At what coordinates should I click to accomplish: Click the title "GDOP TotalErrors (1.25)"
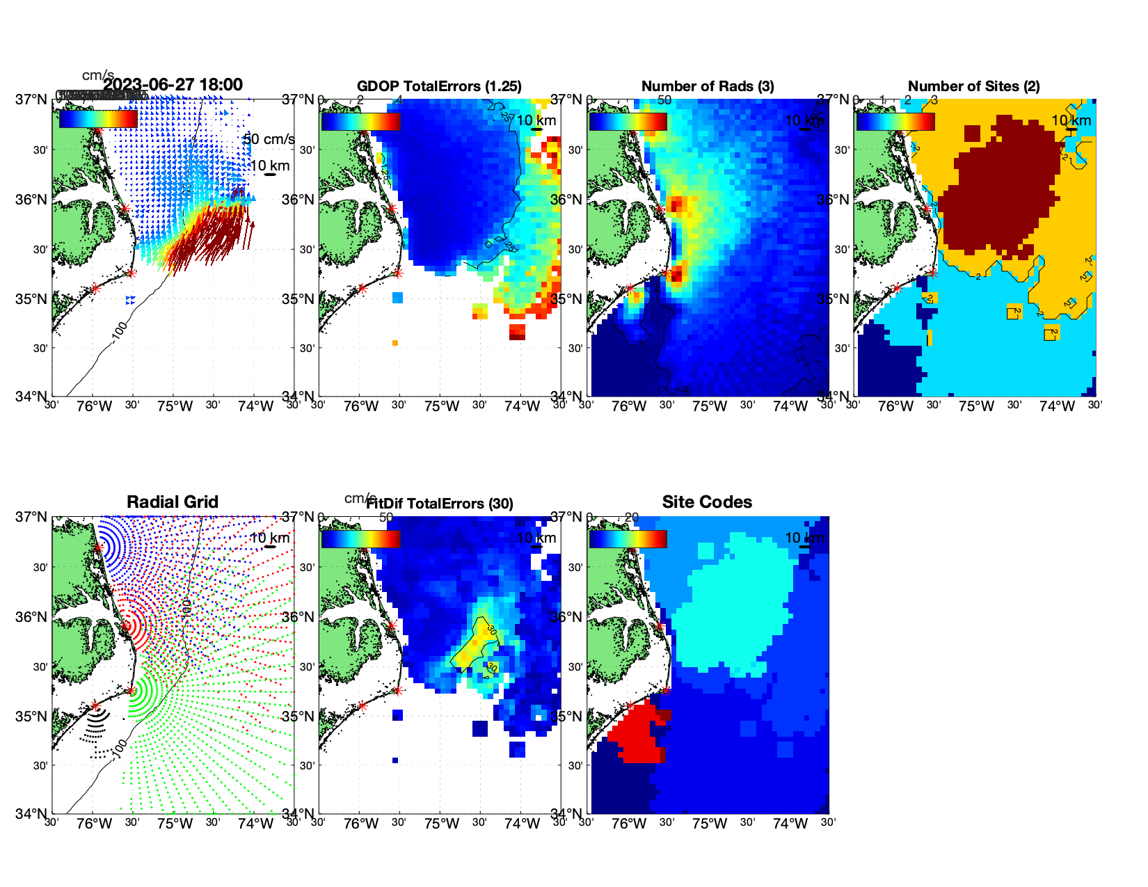(x=439, y=86)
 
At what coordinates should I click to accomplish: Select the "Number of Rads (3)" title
(x=708, y=86)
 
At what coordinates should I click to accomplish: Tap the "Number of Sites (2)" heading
(x=973, y=86)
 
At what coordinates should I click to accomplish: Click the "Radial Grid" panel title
(x=173, y=502)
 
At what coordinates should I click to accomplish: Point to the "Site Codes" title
(x=707, y=502)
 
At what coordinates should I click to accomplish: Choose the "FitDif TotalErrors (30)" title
(x=440, y=504)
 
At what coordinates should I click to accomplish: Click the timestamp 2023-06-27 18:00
(x=173, y=85)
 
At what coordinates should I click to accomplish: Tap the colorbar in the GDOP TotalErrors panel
(x=360, y=121)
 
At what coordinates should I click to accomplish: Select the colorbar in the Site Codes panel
(x=628, y=539)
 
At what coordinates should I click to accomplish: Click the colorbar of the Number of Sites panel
(x=895, y=121)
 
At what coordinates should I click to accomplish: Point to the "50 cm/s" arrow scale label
(x=269, y=139)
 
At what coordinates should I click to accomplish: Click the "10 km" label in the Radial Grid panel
(x=270, y=538)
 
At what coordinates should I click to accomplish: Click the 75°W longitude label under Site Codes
(x=709, y=824)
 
